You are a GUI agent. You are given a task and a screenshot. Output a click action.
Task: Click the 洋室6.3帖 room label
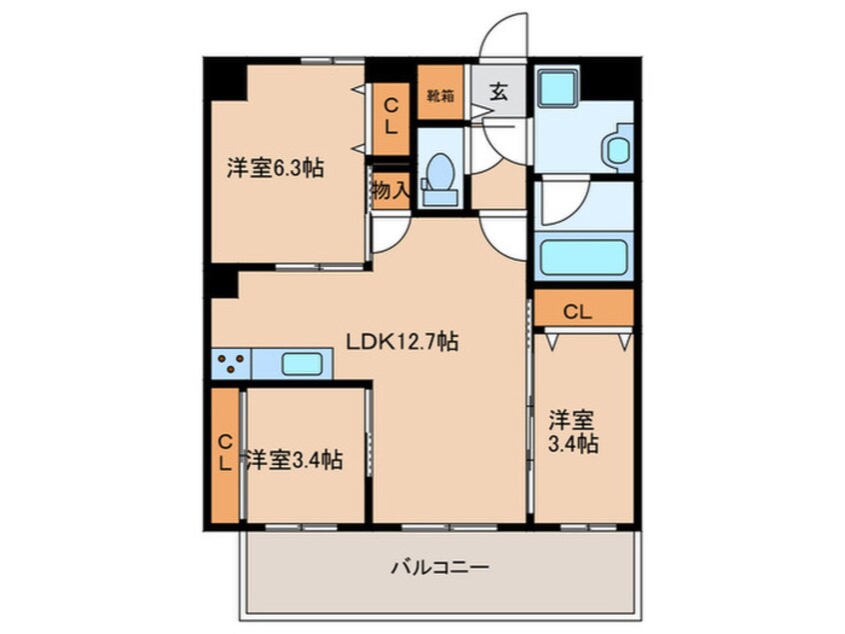point(274,168)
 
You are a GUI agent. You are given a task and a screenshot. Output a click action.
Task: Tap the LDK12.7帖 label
point(402,341)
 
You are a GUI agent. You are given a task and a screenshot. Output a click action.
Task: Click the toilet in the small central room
point(439,171)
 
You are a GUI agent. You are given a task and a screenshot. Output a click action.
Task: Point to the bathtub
point(584,257)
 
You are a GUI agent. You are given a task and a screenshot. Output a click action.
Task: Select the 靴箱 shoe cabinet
point(438,96)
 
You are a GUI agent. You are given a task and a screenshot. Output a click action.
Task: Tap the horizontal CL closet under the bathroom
point(584,310)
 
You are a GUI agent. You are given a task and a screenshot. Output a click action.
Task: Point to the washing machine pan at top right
point(555,90)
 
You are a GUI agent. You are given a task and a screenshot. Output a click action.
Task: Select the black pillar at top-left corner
point(228,78)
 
